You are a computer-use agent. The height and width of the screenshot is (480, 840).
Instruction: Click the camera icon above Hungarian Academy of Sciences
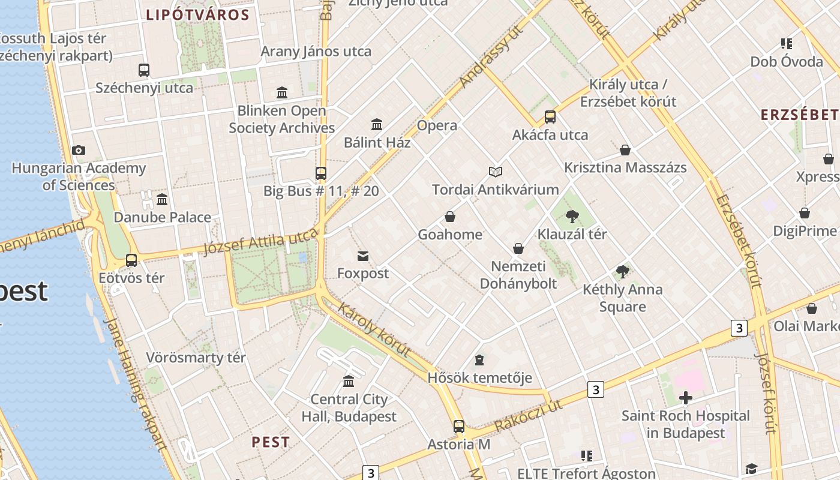[78, 150]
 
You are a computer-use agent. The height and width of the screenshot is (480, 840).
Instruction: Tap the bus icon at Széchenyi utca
[144, 70]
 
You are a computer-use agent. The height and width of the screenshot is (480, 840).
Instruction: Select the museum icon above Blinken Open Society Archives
[282, 92]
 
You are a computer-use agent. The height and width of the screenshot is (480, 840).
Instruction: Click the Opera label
[437, 125]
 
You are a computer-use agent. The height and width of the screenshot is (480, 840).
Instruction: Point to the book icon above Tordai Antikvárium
[495, 172]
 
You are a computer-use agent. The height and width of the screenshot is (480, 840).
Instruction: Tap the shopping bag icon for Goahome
[450, 217]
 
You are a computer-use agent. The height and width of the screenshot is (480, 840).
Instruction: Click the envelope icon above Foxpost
[363, 256]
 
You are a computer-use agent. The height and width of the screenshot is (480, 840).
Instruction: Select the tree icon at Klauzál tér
[572, 217]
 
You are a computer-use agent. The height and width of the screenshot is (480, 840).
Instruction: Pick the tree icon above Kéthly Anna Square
[623, 272]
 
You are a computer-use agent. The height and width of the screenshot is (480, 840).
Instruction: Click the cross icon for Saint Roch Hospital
[685, 398]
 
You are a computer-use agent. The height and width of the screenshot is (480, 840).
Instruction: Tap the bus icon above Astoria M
[459, 427]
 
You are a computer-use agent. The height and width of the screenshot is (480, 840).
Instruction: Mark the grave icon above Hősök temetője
[479, 360]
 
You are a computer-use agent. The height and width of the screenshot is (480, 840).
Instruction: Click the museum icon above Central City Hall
[349, 382]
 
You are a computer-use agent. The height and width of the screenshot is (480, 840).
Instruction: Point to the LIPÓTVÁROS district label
[198, 15]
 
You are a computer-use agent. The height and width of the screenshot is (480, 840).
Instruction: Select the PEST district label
[271, 442]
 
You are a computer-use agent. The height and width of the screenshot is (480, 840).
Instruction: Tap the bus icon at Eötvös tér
[131, 260]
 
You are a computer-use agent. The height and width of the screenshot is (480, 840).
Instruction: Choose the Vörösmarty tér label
[196, 358]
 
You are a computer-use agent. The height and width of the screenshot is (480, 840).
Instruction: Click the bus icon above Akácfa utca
[550, 117]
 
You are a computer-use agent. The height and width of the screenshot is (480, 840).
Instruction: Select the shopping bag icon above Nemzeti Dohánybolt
[518, 248]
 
